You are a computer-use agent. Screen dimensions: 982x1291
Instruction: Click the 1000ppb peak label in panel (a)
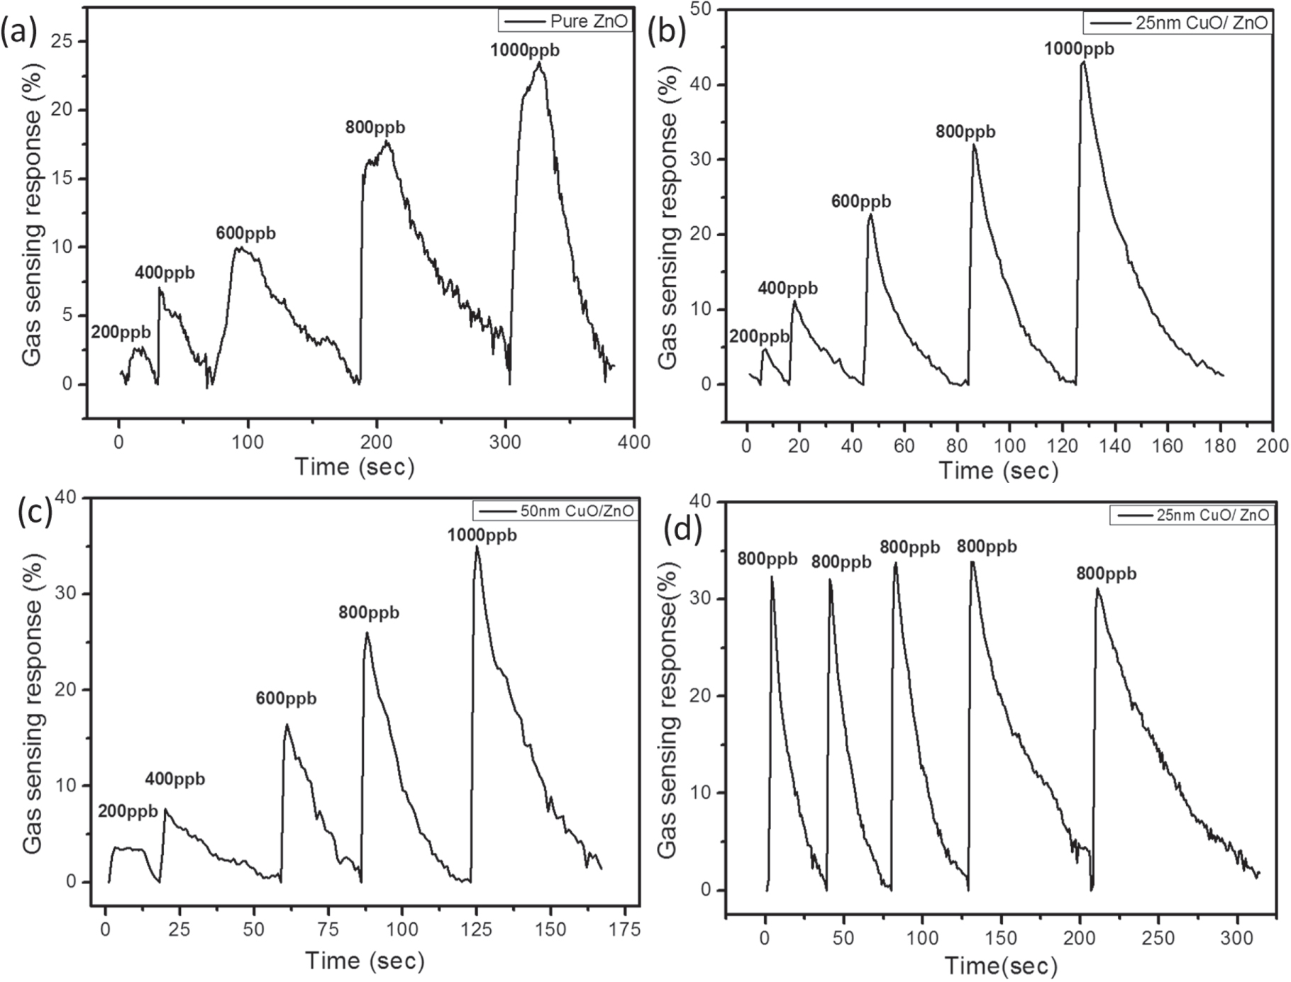pyautogui.click(x=524, y=50)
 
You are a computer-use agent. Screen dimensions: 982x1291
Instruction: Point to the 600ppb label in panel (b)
pyautogui.click(x=861, y=201)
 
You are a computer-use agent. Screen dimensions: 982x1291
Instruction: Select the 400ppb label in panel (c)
pyautogui.click(x=174, y=779)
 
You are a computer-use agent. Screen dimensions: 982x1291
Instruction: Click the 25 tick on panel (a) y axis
pyautogui.click(x=65, y=41)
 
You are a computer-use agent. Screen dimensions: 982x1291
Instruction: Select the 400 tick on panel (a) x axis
pyautogui.click(x=633, y=442)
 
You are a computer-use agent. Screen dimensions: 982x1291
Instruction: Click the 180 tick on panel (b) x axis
pyautogui.click(x=1220, y=446)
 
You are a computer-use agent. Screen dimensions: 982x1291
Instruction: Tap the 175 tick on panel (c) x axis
pyautogui.click(x=624, y=929)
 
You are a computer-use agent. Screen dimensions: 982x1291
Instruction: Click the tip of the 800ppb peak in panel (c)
pyautogui.click(x=367, y=632)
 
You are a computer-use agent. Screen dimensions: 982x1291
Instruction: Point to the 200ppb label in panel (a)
pyautogui.click(x=121, y=333)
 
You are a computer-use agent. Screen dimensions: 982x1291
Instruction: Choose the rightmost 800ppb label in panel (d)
pyautogui.click(x=1106, y=573)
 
